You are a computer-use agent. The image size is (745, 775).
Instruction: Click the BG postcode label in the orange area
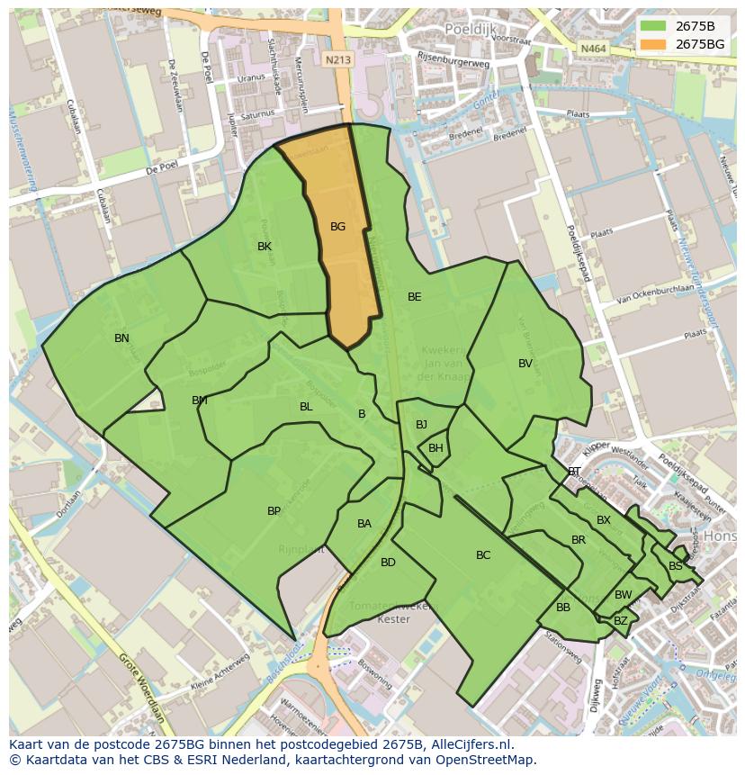pyautogui.click(x=337, y=227)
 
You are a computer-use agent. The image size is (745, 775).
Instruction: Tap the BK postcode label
pyautogui.click(x=265, y=247)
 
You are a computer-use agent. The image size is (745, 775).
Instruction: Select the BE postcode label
pyautogui.click(x=414, y=297)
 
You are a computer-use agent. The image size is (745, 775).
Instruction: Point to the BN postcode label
pyautogui.click(x=121, y=338)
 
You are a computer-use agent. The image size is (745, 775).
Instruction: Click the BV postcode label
pyautogui.click(x=525, y=364)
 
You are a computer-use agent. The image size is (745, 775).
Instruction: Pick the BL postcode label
pyautogui.click(x=306, y=407)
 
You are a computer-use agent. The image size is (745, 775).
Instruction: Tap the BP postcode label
pyautogui.click(x=274, y=511)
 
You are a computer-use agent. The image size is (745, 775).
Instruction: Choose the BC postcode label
pyautogui.click(x=483, y=555)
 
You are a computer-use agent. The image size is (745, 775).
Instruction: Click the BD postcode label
pyautogui.click(x=388, y=563)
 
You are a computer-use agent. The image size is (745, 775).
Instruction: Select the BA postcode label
pyautogui.click(x=364, y=524)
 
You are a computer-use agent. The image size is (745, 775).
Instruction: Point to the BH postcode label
pyautogui.click(x=435, y=448)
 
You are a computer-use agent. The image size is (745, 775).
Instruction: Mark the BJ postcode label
pyautogui.click(x=421, y=425)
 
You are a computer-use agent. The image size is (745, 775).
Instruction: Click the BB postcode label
pyautogui.click(x=563, y=608)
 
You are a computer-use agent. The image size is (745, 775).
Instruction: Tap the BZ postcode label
pyautogui.click(x=621, y=621)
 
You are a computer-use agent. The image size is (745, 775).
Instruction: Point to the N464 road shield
pyautogui.click(x=592, y=49)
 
